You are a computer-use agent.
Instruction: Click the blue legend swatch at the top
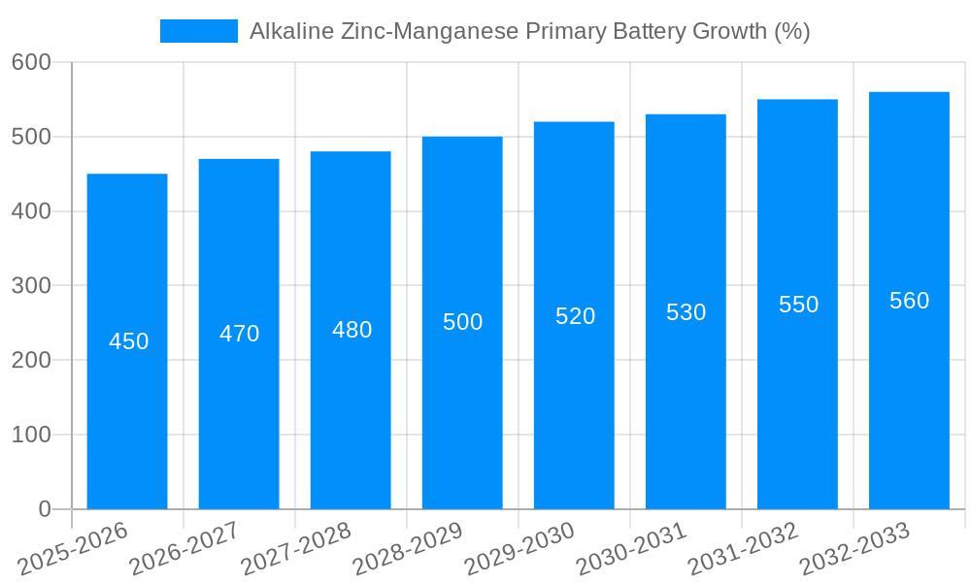tap(198, 31)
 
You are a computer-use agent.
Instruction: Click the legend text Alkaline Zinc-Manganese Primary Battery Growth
tap(529, 31)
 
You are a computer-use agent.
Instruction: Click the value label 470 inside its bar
tap(239, 334)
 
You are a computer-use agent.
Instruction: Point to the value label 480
tap(352, 330)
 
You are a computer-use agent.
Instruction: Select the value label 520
tap(575, 316)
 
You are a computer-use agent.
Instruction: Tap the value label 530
tap(686, 312)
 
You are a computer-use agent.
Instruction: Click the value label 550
tap(798, 305)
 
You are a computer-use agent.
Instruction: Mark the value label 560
tap(909, 301)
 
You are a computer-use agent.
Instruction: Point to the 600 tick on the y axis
tap(31, 62)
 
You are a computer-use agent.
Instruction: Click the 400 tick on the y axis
tap(31, 211)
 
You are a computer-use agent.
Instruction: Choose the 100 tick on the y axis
tap(31, 435)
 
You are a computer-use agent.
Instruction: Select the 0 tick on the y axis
tap(45, 509)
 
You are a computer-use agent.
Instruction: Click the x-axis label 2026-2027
tap(184, 548)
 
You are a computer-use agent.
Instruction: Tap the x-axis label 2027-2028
tap(296, 548)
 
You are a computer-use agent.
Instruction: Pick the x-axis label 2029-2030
tap(519, 548)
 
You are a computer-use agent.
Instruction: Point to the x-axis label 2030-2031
tap(631, 548)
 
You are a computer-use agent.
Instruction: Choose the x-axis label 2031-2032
tap(743, 548)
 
